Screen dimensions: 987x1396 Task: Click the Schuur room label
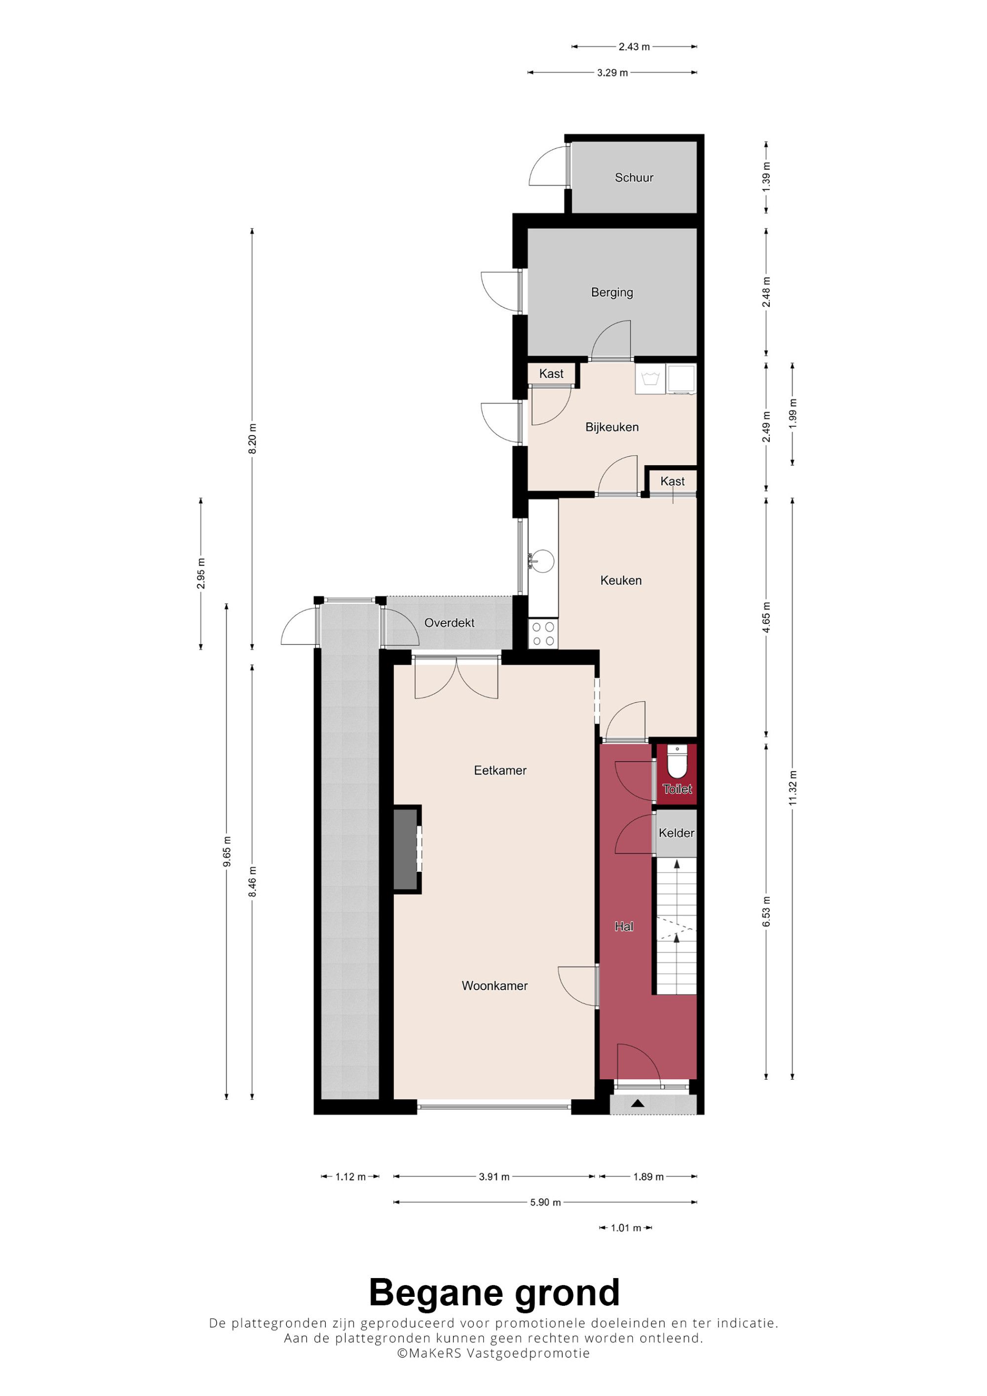pyautogui.click(x=634, y=178)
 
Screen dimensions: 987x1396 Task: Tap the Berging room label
pyautogui.click(x=612, y=293)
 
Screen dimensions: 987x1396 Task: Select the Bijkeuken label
pyautogui.click(x=612, y=427)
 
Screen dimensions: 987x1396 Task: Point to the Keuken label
pyautogui.click(x=621, y=580)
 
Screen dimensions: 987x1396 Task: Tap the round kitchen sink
pyautogui.click(x=541, y=560)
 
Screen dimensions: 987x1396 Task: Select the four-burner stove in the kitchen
pyautogui.click(x=543, y=633)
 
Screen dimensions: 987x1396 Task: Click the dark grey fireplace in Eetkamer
pyautogui.click(x=406, y=849)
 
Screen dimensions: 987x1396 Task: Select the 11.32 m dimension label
pyautogui.click(x=793, y=788)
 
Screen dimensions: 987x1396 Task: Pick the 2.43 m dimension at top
pyautogui.click(x=634, y=47)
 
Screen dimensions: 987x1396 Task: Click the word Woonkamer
pyautogui.click(x=494, y=986)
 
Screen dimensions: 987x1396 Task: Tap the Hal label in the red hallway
pyautogui.click(x=624, y=926)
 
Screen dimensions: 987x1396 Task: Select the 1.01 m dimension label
pyautogui.click(x=626, y=1228)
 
